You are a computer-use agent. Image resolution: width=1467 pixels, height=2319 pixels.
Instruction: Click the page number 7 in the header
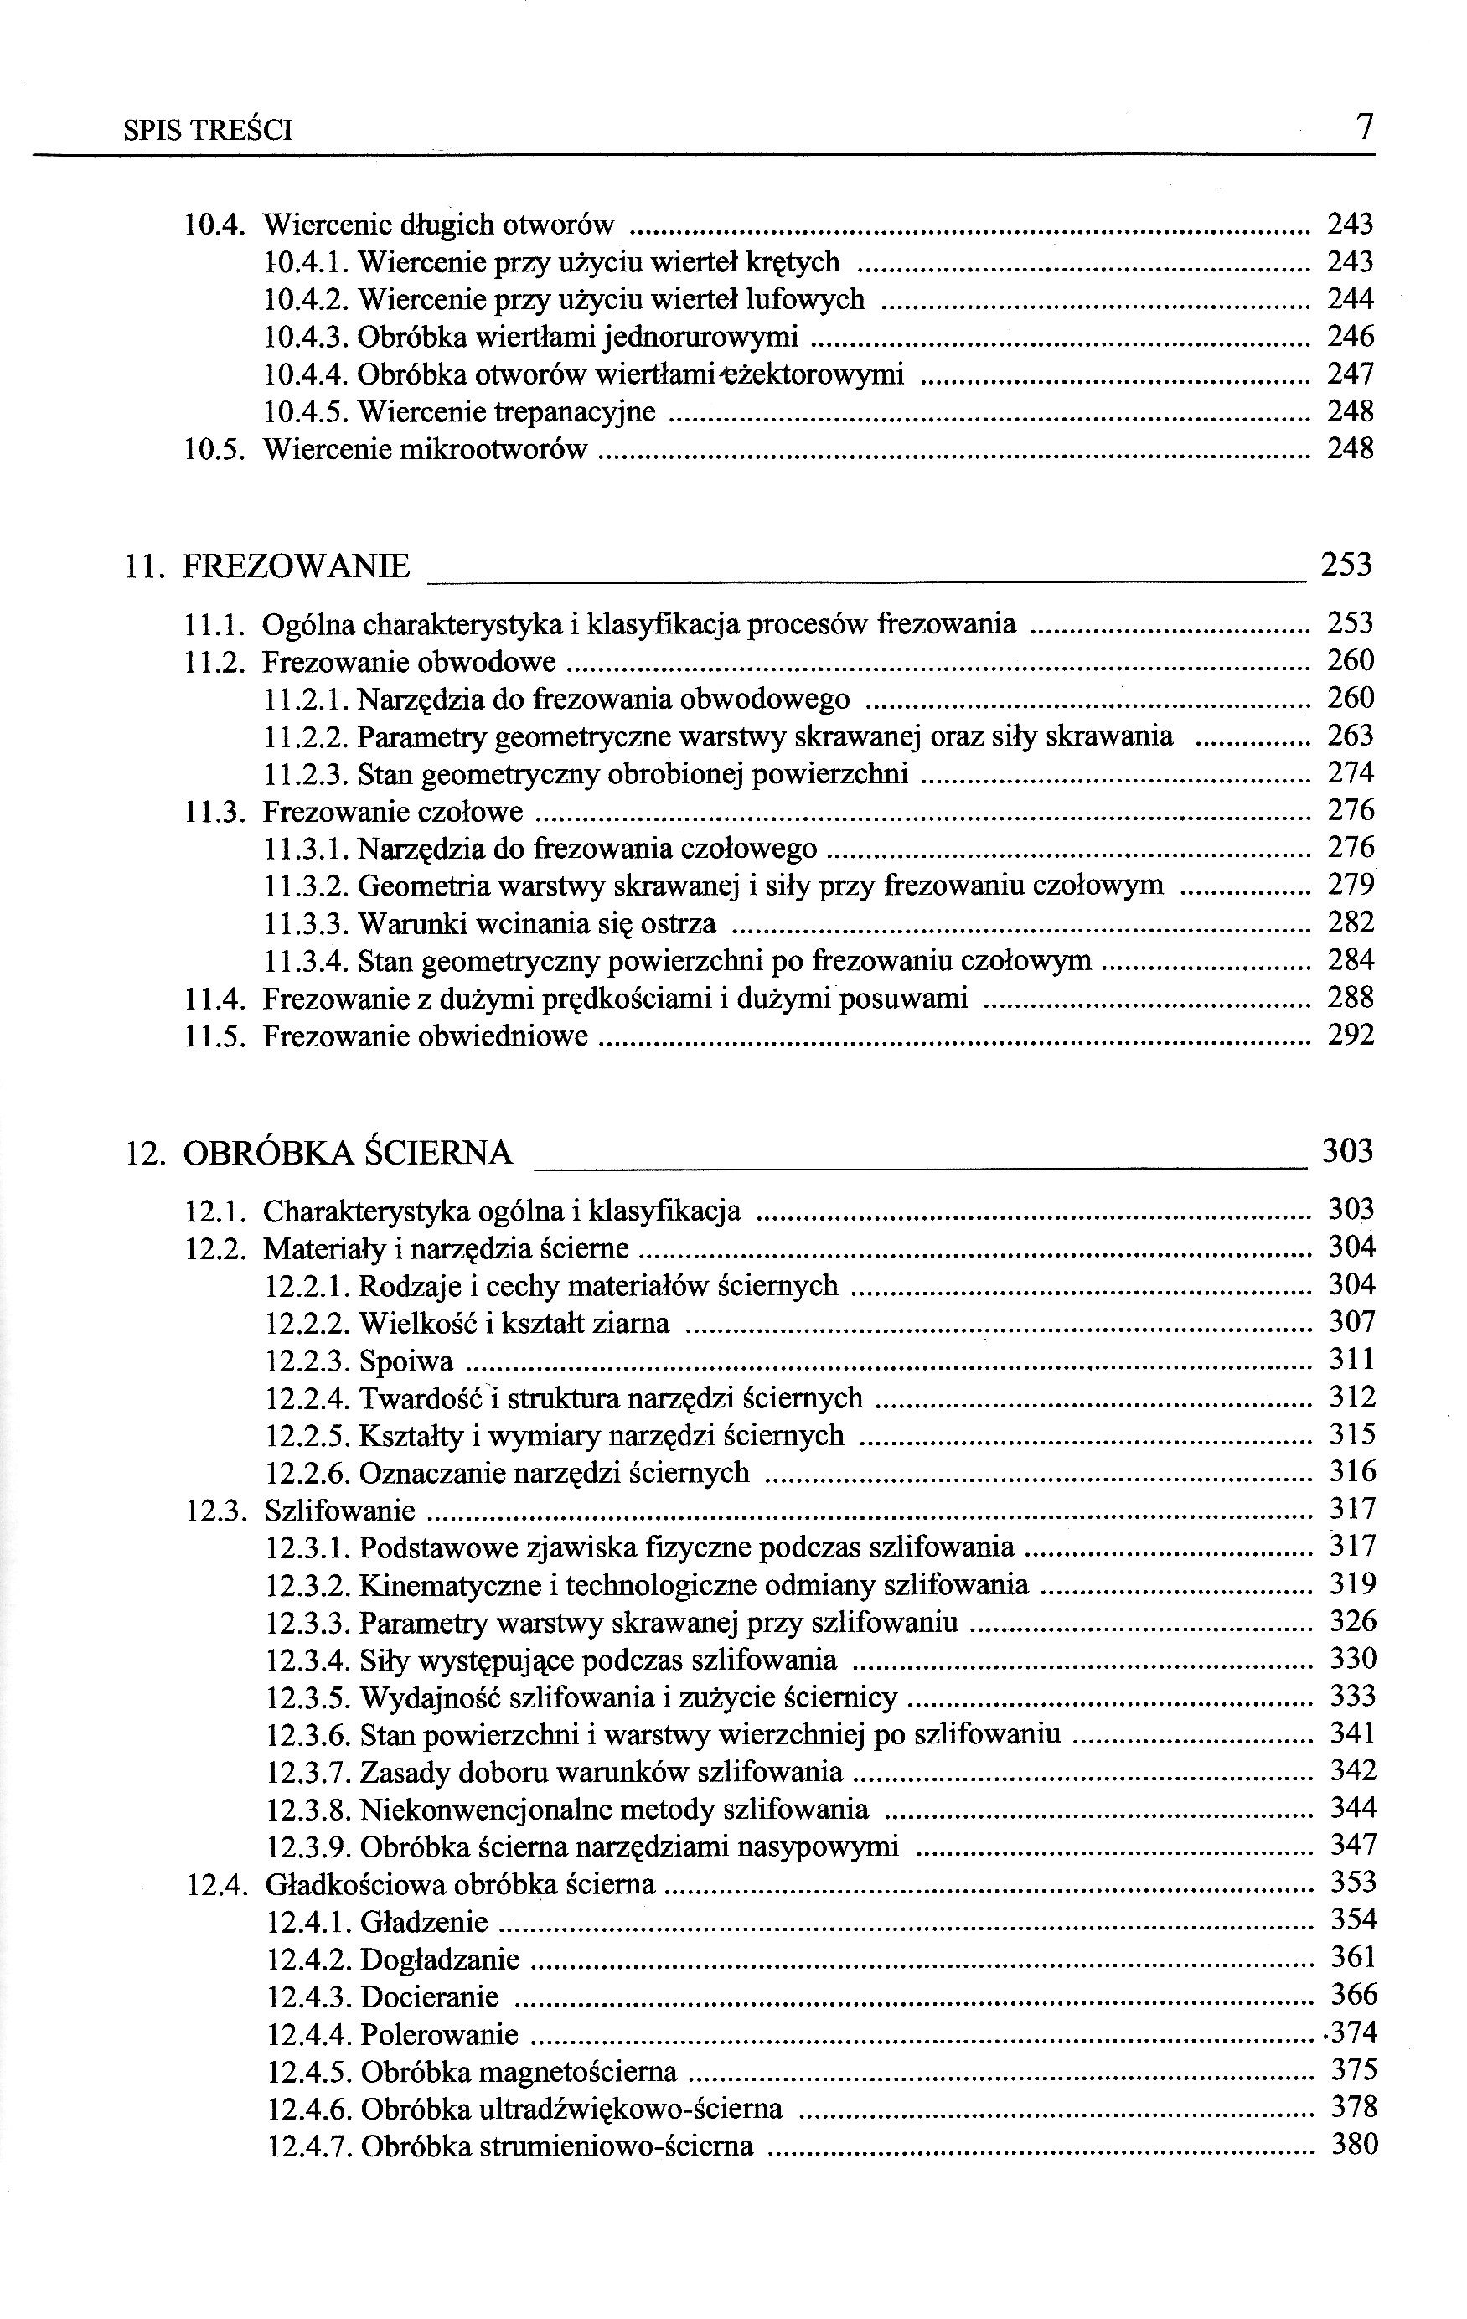pos(1364,128)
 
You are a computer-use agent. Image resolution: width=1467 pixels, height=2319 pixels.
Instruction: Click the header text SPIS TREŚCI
pos(208,131)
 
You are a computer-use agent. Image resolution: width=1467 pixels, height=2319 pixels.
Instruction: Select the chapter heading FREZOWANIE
pos(296,566)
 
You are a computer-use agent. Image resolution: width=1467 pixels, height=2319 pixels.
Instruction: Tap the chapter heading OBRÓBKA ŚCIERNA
pos(347,1153)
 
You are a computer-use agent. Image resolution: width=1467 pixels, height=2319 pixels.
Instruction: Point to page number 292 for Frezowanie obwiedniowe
pos(1351,1036)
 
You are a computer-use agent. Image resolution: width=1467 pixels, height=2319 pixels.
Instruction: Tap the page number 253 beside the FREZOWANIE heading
pos(1346,565)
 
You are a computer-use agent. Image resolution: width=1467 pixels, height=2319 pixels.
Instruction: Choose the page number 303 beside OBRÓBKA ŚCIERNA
pos(1346,1151)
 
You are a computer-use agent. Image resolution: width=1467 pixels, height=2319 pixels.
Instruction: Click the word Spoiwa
pos(405,1361)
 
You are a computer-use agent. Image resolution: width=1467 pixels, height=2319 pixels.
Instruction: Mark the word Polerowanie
pos(439,2035)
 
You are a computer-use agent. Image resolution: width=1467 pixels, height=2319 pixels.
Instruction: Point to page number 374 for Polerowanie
pos(1353,2033)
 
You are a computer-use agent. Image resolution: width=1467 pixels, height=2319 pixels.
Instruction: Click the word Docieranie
pos(430,1997)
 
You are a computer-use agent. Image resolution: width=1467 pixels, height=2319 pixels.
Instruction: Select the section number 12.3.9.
pos(308,1847)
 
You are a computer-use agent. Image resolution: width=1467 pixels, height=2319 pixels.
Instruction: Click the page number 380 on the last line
pos(1354,2145)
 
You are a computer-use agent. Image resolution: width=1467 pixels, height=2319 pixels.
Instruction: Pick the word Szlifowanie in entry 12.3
pos(340,1511)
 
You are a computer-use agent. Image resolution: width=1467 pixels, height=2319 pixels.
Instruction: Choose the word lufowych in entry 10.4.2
pos(806,299)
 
